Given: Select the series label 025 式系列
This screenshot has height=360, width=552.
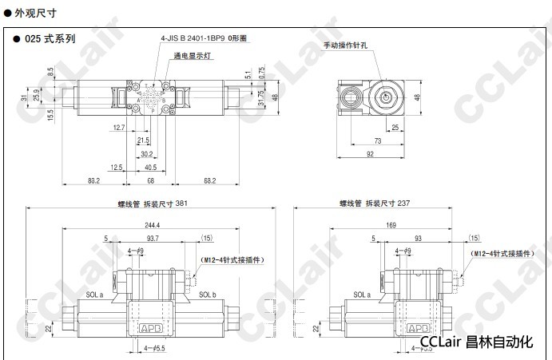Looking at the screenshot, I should [x=49, y=38].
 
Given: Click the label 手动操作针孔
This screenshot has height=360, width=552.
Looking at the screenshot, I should [x=346, y=45].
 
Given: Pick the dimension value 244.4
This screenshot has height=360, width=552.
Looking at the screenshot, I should [x=152, y=225].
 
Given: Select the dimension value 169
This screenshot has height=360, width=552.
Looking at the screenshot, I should [x=391, y=225].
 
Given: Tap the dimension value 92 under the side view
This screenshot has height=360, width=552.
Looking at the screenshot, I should [x=370, y=154].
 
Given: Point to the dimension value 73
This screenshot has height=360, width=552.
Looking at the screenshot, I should [x=376, y=140].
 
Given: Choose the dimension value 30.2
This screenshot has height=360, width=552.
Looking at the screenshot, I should [x=146, y=153].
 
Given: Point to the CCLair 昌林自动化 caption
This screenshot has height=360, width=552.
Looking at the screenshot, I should [x=476, y=342].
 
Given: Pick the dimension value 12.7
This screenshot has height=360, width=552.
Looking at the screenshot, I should [x=119, y=128].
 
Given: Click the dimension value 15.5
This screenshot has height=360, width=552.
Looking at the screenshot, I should [x=50, y=115].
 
